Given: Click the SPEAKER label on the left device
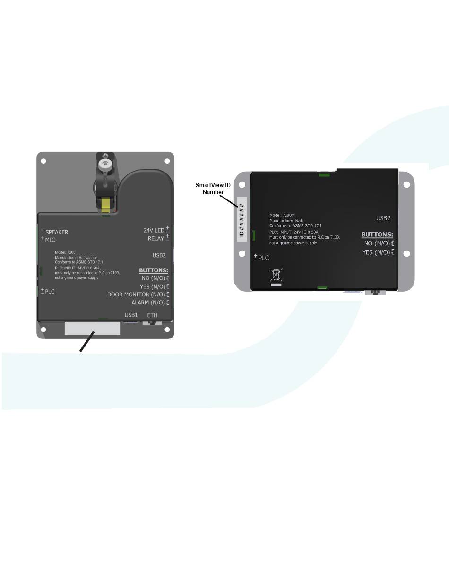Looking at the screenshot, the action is pos(56,232).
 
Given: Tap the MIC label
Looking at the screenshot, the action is pos(50,240).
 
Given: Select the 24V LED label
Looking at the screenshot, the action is pos(154,231).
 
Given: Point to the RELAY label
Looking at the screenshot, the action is pos(155,239).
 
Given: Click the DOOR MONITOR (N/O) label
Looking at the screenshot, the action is pos(136,295).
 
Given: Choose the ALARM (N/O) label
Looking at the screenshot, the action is pos(148,303).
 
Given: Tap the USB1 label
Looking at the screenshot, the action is pos(131,315).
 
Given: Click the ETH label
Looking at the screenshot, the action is pos(152,315).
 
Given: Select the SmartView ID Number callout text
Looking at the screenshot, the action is pos(213,189).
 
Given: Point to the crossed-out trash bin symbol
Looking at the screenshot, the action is pos(276,276).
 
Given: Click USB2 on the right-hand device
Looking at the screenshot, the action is pos(383,218).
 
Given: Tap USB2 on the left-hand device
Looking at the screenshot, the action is pos(159,255).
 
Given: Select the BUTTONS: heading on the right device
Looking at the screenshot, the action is pos(377,234).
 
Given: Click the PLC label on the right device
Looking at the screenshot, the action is pos(263,258).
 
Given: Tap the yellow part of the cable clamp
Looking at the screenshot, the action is pos(107,204).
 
